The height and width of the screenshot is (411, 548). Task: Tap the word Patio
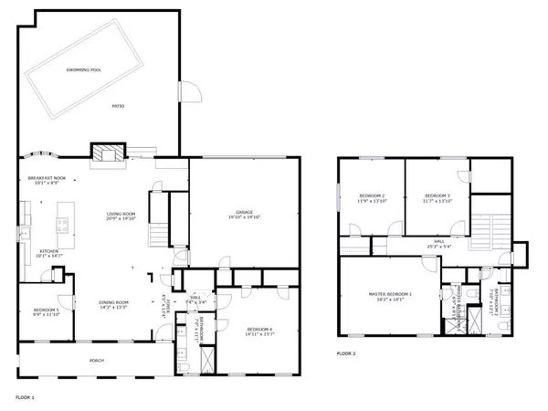118,108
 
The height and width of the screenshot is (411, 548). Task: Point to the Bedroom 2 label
372,198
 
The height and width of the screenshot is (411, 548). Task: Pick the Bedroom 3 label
437,198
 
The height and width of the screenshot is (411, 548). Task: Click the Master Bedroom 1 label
391,296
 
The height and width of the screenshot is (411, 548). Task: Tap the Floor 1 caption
26,398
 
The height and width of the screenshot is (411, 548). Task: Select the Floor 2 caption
346,353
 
